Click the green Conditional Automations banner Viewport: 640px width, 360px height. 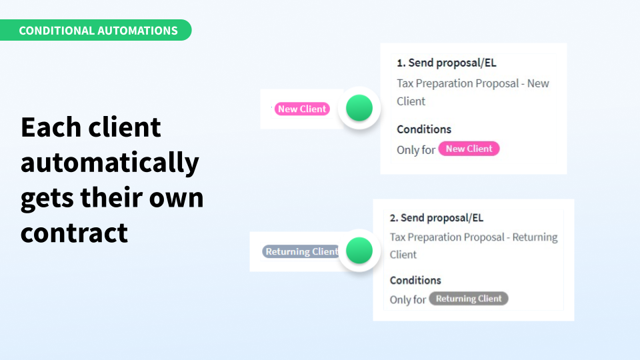pyautogui.click(x=95, y=30)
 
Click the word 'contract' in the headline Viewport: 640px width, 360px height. pyautogui.click(x=74, y=233)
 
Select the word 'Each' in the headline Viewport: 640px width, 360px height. pyautogui.click(x=51, y=127)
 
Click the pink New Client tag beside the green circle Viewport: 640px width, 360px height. pyautogui.click(x=302, y=109)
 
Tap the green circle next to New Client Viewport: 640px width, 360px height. pyautogui.click(x=359, y=108)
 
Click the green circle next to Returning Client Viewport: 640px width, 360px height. pyautogui.click(x=359, y=250)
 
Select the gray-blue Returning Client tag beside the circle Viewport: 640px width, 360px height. pyautogui.click(x=301, y=251)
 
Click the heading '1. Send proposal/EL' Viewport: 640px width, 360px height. pyautogui.click(x=447, y=63)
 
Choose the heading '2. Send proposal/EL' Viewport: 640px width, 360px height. pyautogui.click(x=436, y=218)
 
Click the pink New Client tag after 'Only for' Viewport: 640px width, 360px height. pyautogui.click(x=469, y=149)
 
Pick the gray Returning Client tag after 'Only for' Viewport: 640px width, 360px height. pyautogui.click(x=469, y=299)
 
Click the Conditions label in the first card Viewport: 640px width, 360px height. pyautogui.click(x=424, y=129)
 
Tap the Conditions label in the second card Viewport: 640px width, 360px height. pyautogui.click(x=415, y=281)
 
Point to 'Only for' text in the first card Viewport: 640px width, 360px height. pyautogui.click(x=416, y=150)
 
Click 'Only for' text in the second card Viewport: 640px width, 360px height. pyautogui.click(x=408, y=299)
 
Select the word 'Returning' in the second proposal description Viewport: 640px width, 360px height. pyautogui.click(x=535, y=237)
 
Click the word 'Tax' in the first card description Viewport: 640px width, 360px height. pyautogui.click(x=405, y=83)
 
